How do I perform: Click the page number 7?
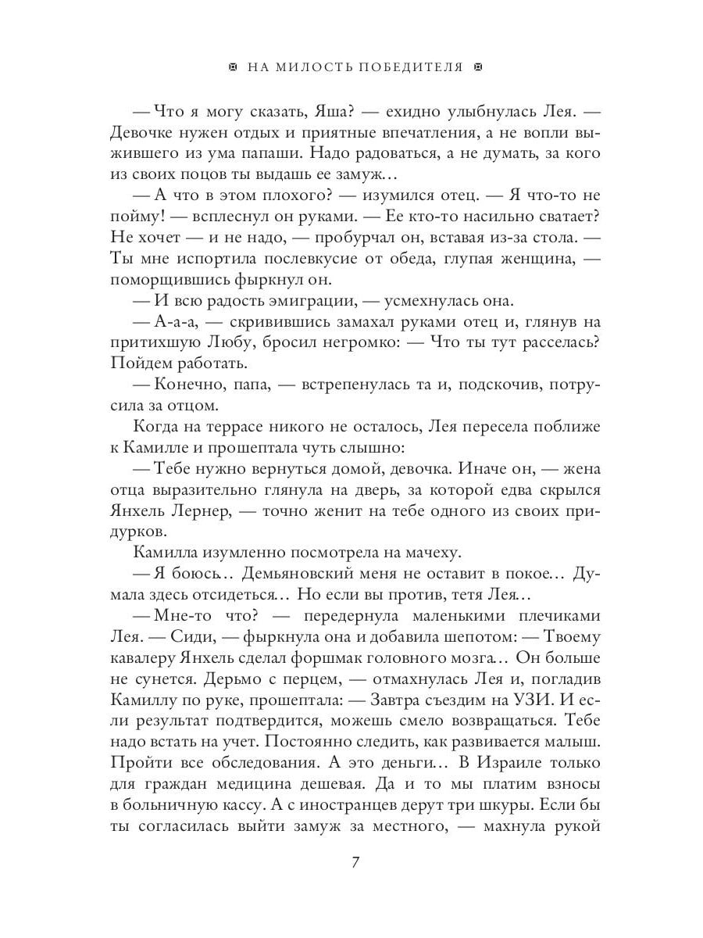click(355, 863)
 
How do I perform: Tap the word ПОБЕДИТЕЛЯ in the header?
click(410, 67)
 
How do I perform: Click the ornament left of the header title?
click(232, 67)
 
